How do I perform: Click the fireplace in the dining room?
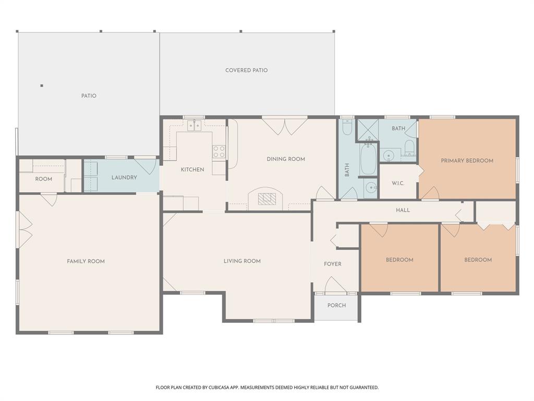(x=266, y=198)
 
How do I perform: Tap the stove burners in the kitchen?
(x=219, y=151)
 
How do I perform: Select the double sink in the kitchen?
(x=194, y=125)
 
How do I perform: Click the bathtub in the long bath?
(x=368, y=159)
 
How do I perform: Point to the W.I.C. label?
(x=398, y=183)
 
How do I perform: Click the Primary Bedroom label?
(x=467, y=161)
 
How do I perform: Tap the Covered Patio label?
(x=246, y=70)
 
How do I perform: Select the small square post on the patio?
(x=42, y=86)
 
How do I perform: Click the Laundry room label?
(x=124, y=178)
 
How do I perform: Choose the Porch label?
(x=336, y=305)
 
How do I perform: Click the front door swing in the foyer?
(x=335, y=285)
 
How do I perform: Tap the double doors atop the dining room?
(x=284, y=126)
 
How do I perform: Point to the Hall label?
(x=403, y=210)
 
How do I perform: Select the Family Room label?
(x=86, y=262)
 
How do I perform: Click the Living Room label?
(x=242, y=261)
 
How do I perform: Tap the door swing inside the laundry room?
(x=147, y=166)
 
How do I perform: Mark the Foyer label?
(x=333, y=264)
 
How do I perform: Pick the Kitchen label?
(x=192, y=170)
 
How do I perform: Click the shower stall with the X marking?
(x=368, y=129)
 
